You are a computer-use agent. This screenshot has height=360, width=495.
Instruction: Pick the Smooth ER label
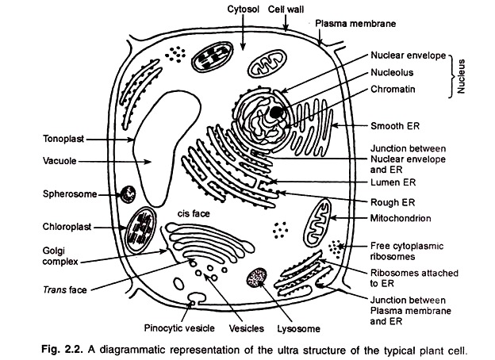point(395,126)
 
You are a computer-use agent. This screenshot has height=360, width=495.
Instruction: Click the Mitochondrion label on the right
point(401,216)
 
